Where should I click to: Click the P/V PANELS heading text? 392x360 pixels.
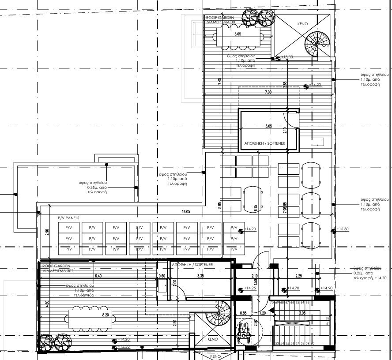click(68, 218)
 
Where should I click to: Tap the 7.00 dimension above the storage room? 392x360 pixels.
click(268, 93)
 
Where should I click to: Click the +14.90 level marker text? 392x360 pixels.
click(327, 289)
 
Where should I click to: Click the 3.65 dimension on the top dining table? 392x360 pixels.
click(238, 34)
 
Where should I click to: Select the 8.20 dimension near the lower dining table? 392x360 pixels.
click(105, 315)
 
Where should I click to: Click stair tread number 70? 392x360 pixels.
click(272, 303)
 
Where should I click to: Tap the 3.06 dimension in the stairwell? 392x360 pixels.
click(302, 313)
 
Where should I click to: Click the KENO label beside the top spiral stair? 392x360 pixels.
click(303, 24)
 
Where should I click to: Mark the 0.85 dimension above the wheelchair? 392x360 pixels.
click(243, 313)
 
